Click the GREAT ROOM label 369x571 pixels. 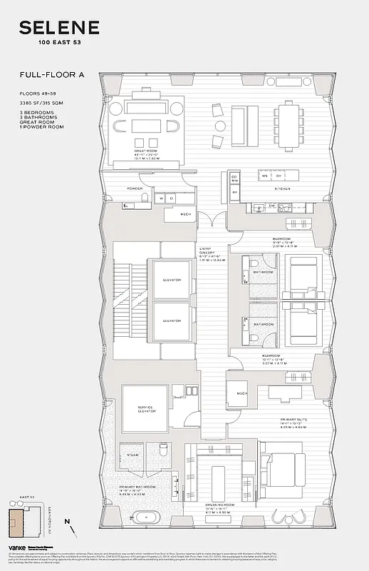point(145,151)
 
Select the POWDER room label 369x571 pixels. point(135,189)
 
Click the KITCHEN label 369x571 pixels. point(284,189)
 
